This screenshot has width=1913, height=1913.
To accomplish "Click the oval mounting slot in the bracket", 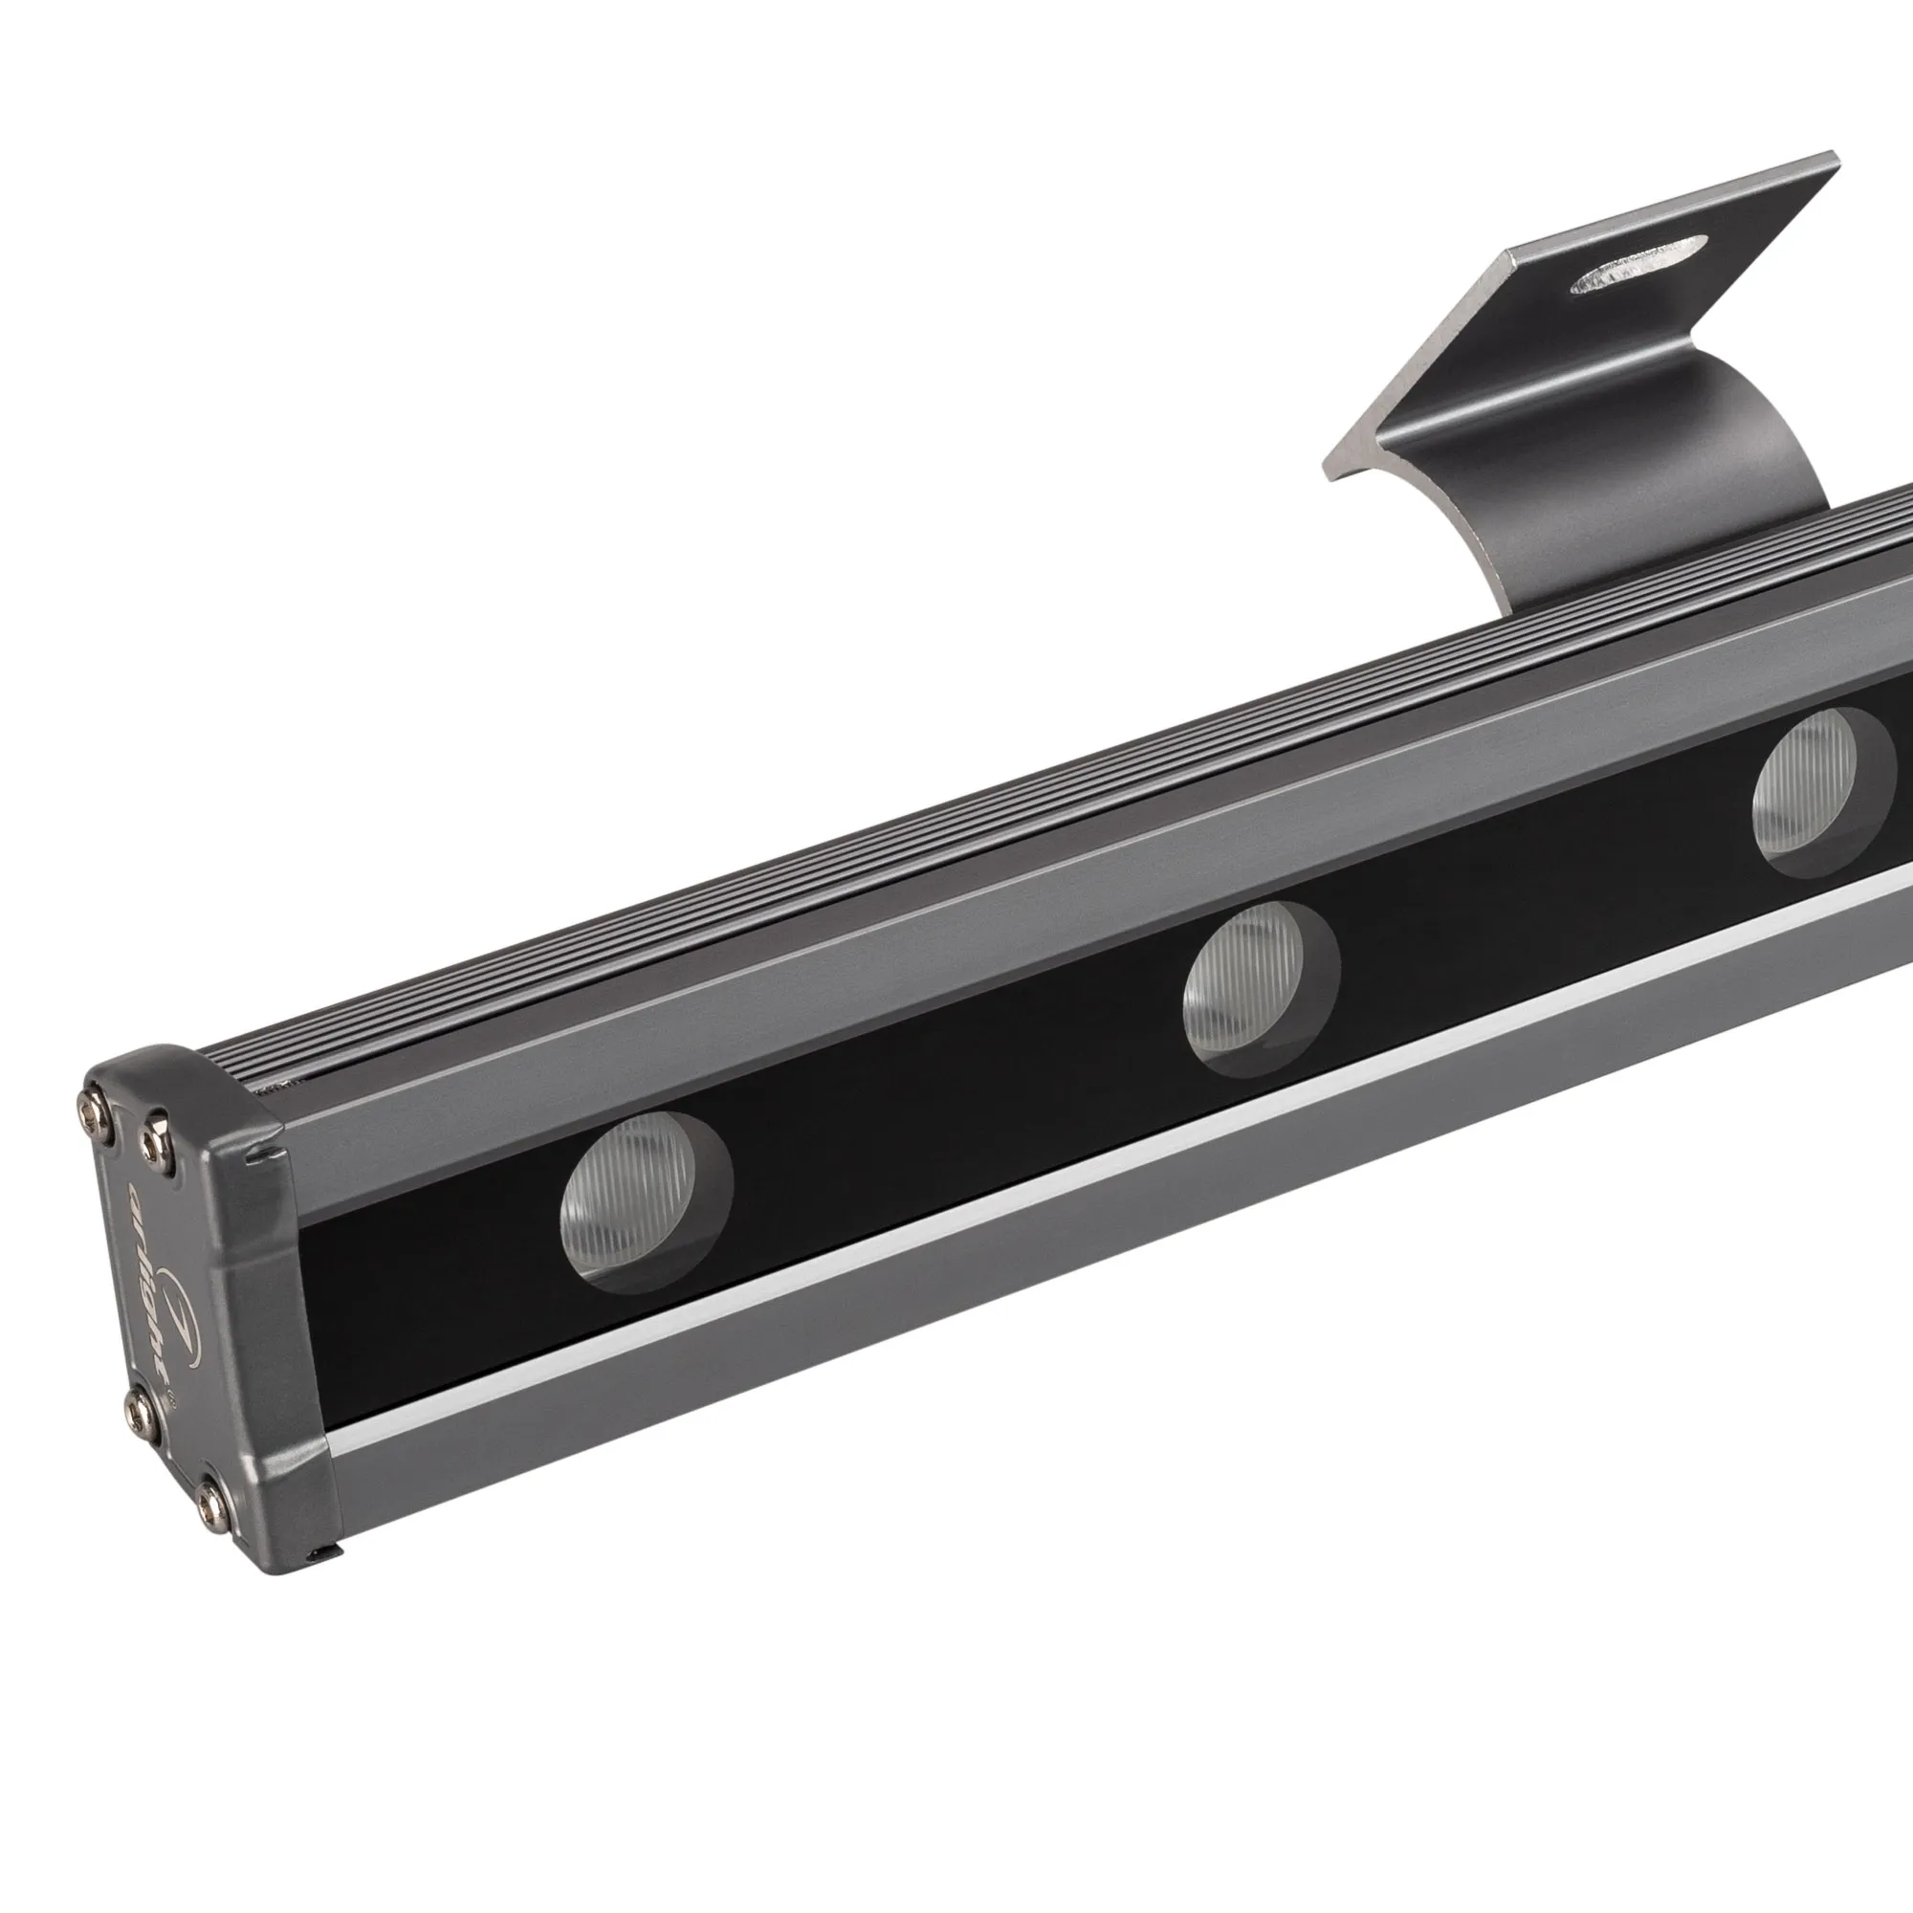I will [1638, 265].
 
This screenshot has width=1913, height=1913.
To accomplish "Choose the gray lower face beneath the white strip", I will [990, 1297].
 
